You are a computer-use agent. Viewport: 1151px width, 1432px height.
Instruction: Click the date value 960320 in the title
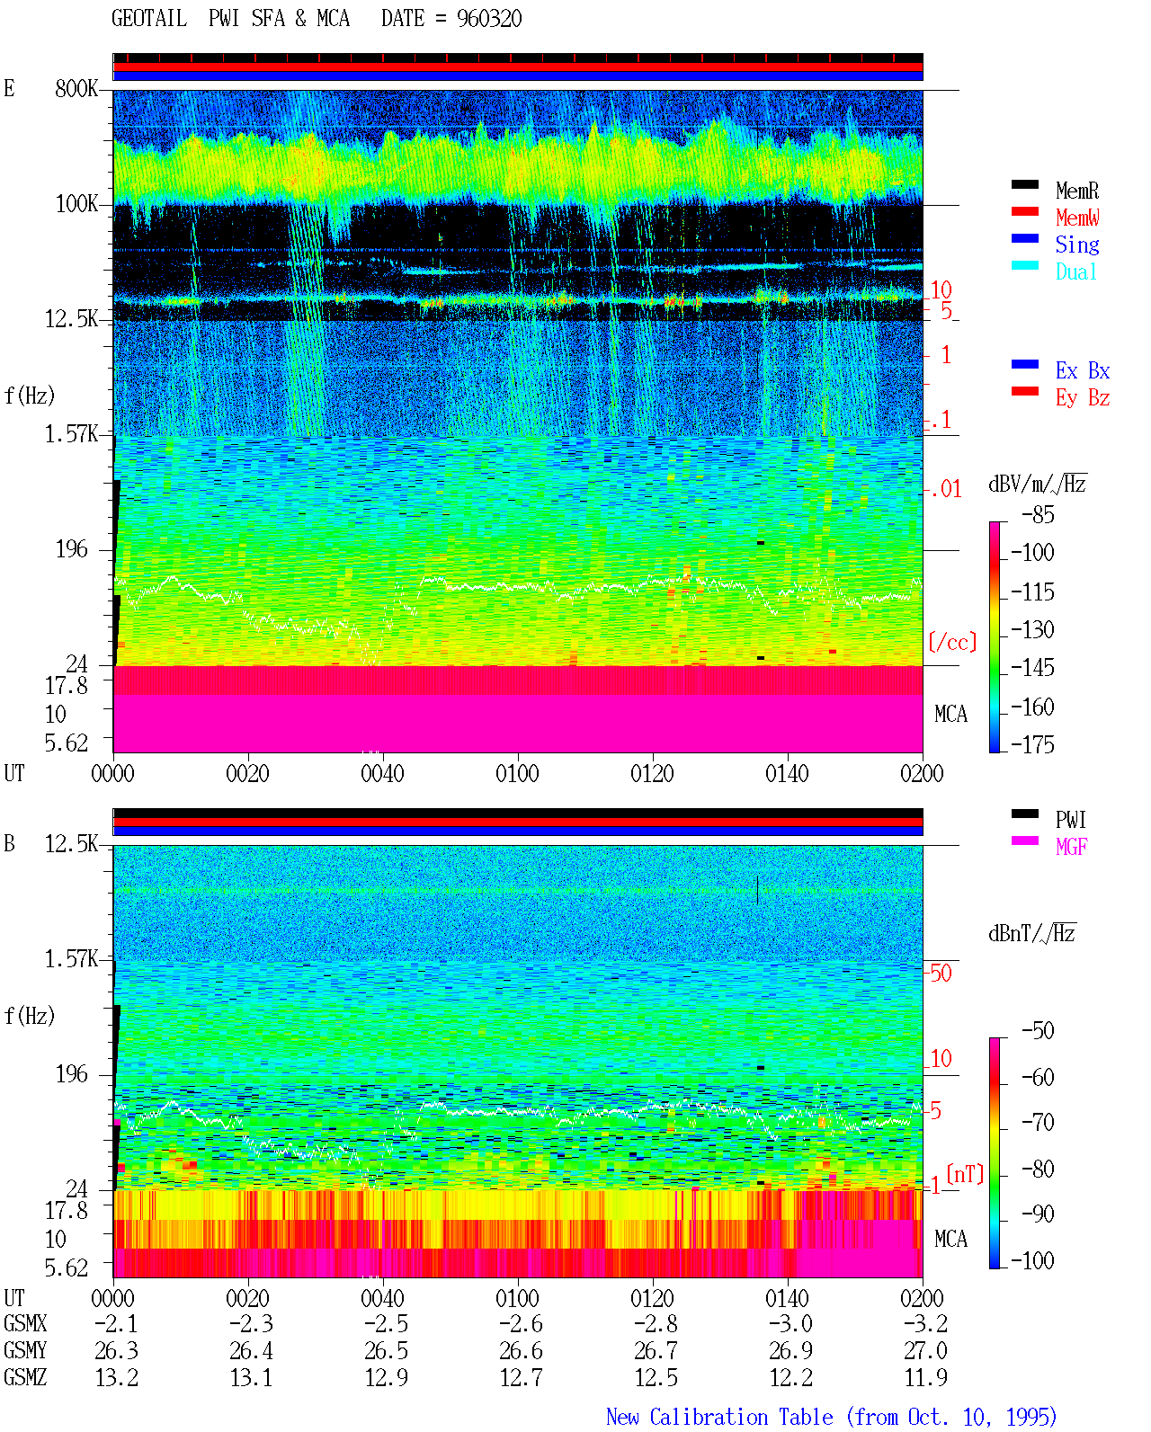[x=489, y=19]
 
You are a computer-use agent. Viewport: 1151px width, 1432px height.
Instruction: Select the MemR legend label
[x=1077, y=191]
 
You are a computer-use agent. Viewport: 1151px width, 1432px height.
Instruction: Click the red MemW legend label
[x=1077, y=218]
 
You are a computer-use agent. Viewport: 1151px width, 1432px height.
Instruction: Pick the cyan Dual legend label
[x=1075, y=271]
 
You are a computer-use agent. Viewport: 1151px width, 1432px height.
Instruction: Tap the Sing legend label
[x=1077, y=245]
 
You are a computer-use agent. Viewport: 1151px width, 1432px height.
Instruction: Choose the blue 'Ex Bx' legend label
[x=1083, y=370]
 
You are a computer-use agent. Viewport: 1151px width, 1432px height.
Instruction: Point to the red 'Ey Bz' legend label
[x=1083, y=398]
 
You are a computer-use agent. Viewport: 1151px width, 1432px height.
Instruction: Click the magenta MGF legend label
[x=1071, y=847]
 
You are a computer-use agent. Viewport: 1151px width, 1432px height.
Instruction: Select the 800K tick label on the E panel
[x=76, y=88]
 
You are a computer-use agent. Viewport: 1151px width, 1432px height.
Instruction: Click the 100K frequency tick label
[x=76, y=204]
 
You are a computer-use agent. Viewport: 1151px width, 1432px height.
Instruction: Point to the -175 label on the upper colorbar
[x=1032, y=744]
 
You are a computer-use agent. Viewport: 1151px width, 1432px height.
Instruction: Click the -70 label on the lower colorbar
[x=1038, y=1123]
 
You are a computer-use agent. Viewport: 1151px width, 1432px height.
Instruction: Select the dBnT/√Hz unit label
[x=1031, y=933]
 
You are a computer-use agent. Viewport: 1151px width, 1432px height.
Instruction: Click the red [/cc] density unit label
[x=952, y=642]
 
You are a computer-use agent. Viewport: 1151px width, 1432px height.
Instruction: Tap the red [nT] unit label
[x=965, y=1174]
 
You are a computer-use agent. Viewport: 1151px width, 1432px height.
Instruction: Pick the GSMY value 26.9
[x=790, y=1350]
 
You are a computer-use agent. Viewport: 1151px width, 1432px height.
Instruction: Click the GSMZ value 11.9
[x=926, y=1377]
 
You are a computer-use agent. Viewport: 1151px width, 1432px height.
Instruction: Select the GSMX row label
[x=25, y=1323]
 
